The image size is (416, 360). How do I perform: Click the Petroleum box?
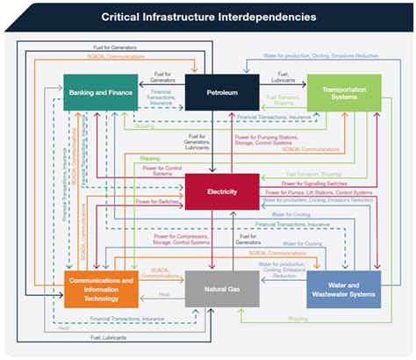(x=222, y=91)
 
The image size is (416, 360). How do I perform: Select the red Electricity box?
(x=222, y=191)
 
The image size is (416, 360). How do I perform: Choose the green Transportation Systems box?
(x=344, y=91)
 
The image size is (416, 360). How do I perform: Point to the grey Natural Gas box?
(x=222, y=288)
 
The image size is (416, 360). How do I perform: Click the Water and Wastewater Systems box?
(x=344, y=289)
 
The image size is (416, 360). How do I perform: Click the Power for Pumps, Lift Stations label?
(x=318, y=191)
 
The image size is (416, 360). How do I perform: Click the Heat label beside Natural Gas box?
(x=164, y=295)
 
